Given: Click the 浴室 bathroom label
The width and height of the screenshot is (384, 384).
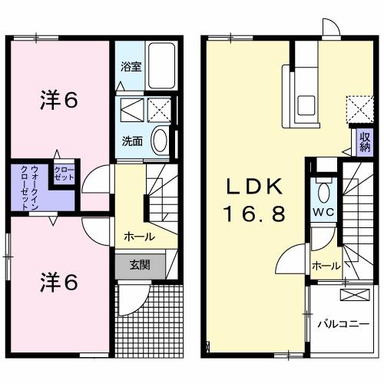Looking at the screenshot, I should coord(131,67).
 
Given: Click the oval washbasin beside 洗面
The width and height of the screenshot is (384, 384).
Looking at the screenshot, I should coord(160,141).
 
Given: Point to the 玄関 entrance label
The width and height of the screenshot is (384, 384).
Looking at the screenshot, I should coord(140,266).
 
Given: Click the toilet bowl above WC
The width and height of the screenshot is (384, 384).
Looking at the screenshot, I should coord(323,191).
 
